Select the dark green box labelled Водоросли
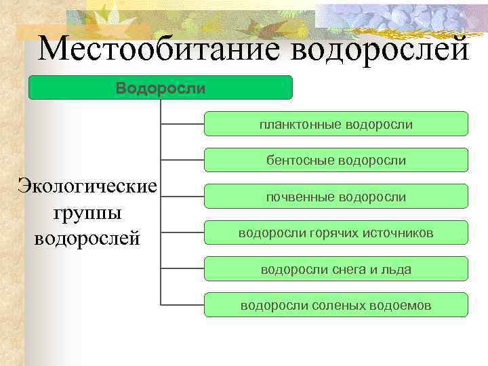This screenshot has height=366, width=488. [x=160, y=88]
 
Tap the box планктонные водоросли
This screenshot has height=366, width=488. [x=335, y=124]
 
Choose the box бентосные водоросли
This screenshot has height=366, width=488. [x=335, y=161]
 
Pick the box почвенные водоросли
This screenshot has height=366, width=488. [x=335, y=197]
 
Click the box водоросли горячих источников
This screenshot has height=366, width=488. [x=335, y=233]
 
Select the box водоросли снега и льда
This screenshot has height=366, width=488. [x=335, y=269]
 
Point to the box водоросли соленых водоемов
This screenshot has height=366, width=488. [x=335, y=305]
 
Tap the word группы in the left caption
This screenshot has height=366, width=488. [x=87, y=211]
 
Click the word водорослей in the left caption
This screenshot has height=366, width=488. [x=87, y=238]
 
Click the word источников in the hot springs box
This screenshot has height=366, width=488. [x=399, y=233]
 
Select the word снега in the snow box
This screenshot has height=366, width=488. [x=350, y=269]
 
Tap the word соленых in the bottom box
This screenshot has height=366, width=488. [x=340, y=305]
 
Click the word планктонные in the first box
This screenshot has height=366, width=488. [x=300, y=124]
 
